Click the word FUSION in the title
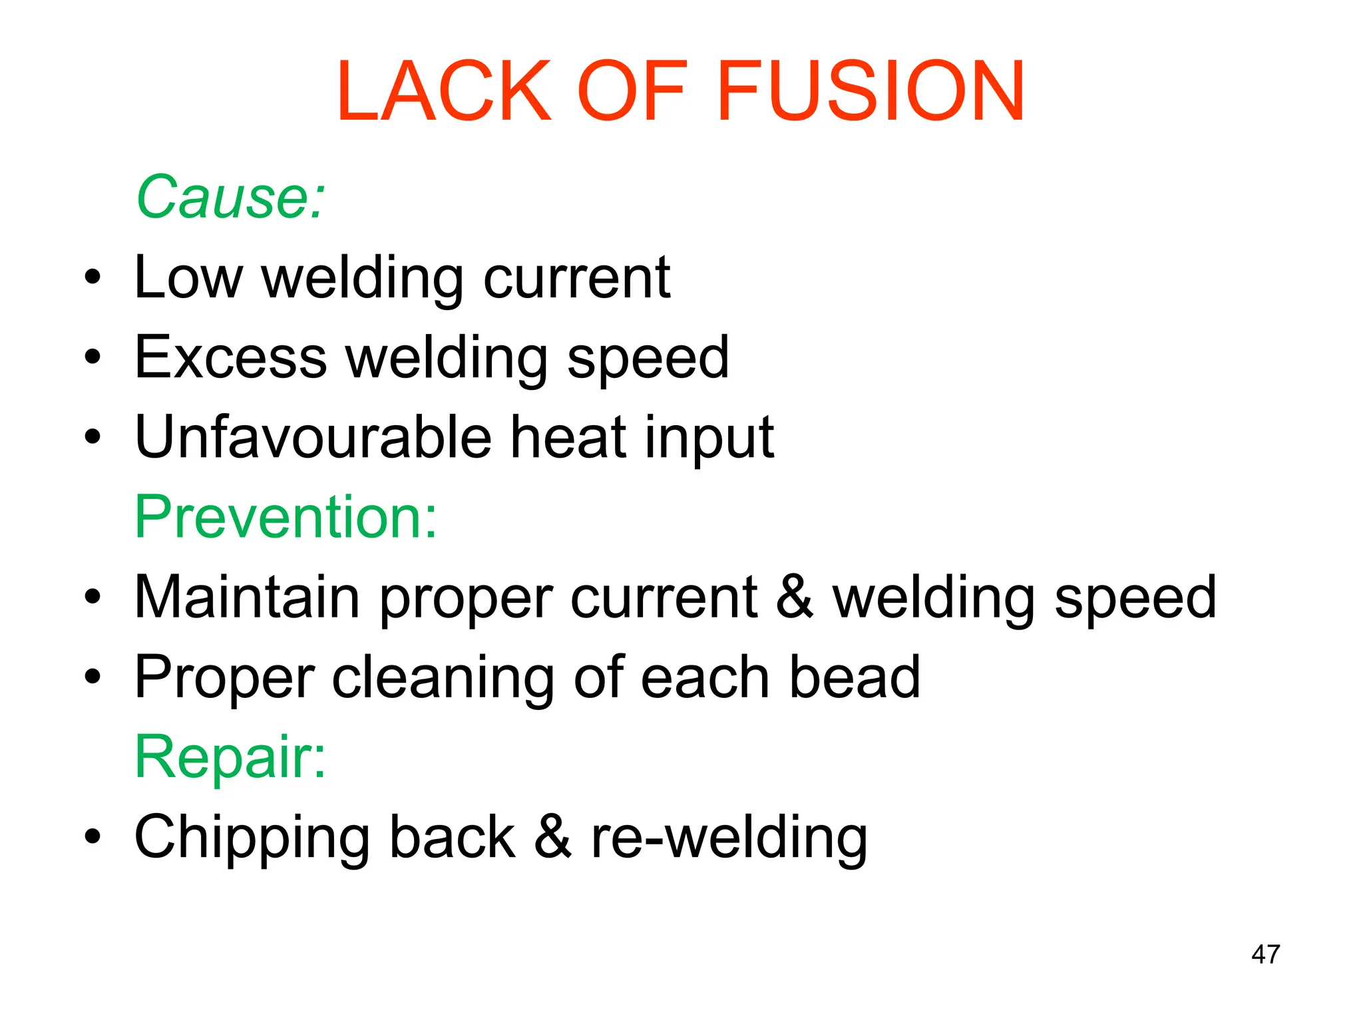tap(871, 91)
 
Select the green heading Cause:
tap(230, 197)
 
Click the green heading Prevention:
tap(286, 516)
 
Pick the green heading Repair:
tap(230, 757)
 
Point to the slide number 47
tap(1265, 954)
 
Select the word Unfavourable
tap(311, 437)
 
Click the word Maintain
tap(247, 597)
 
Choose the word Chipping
tap(252, 837)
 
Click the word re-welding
tap(729, 837)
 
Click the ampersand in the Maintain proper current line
tap(795, 597)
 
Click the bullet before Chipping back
tap(93, 837)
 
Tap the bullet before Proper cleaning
tap(93, 677)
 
